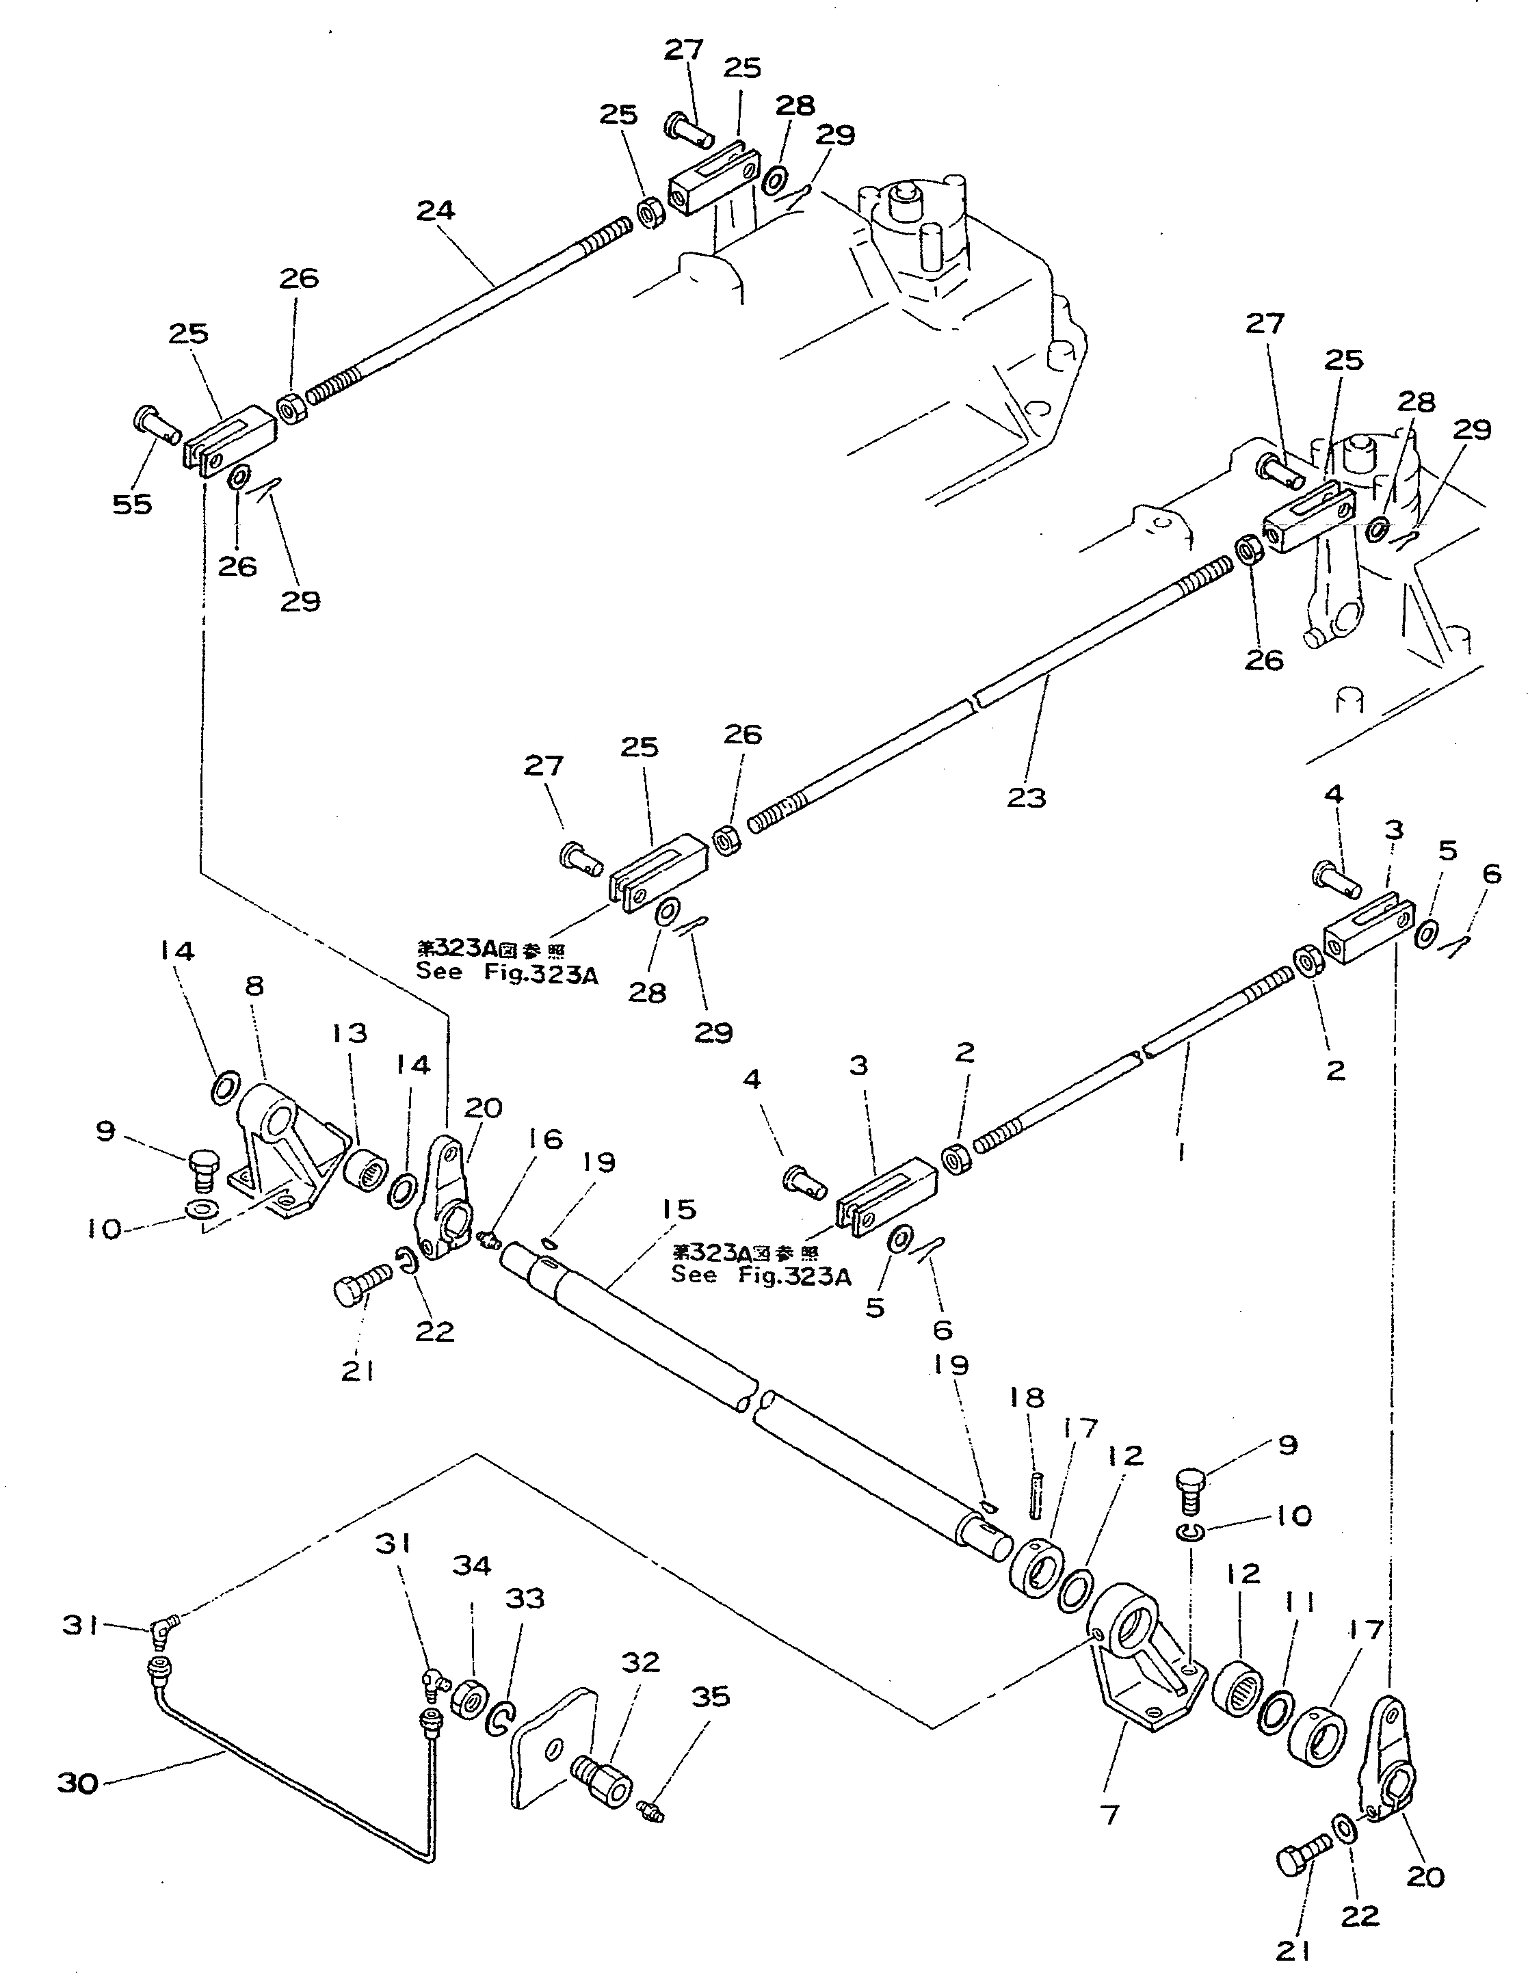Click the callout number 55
(x=132, y=504)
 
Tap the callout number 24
(x=436, y=211)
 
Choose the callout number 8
(x=255, y=985)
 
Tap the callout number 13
(x=349, y=1033)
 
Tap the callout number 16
(x=545, y=1140)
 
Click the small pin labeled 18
(x=1036, y=1497)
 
